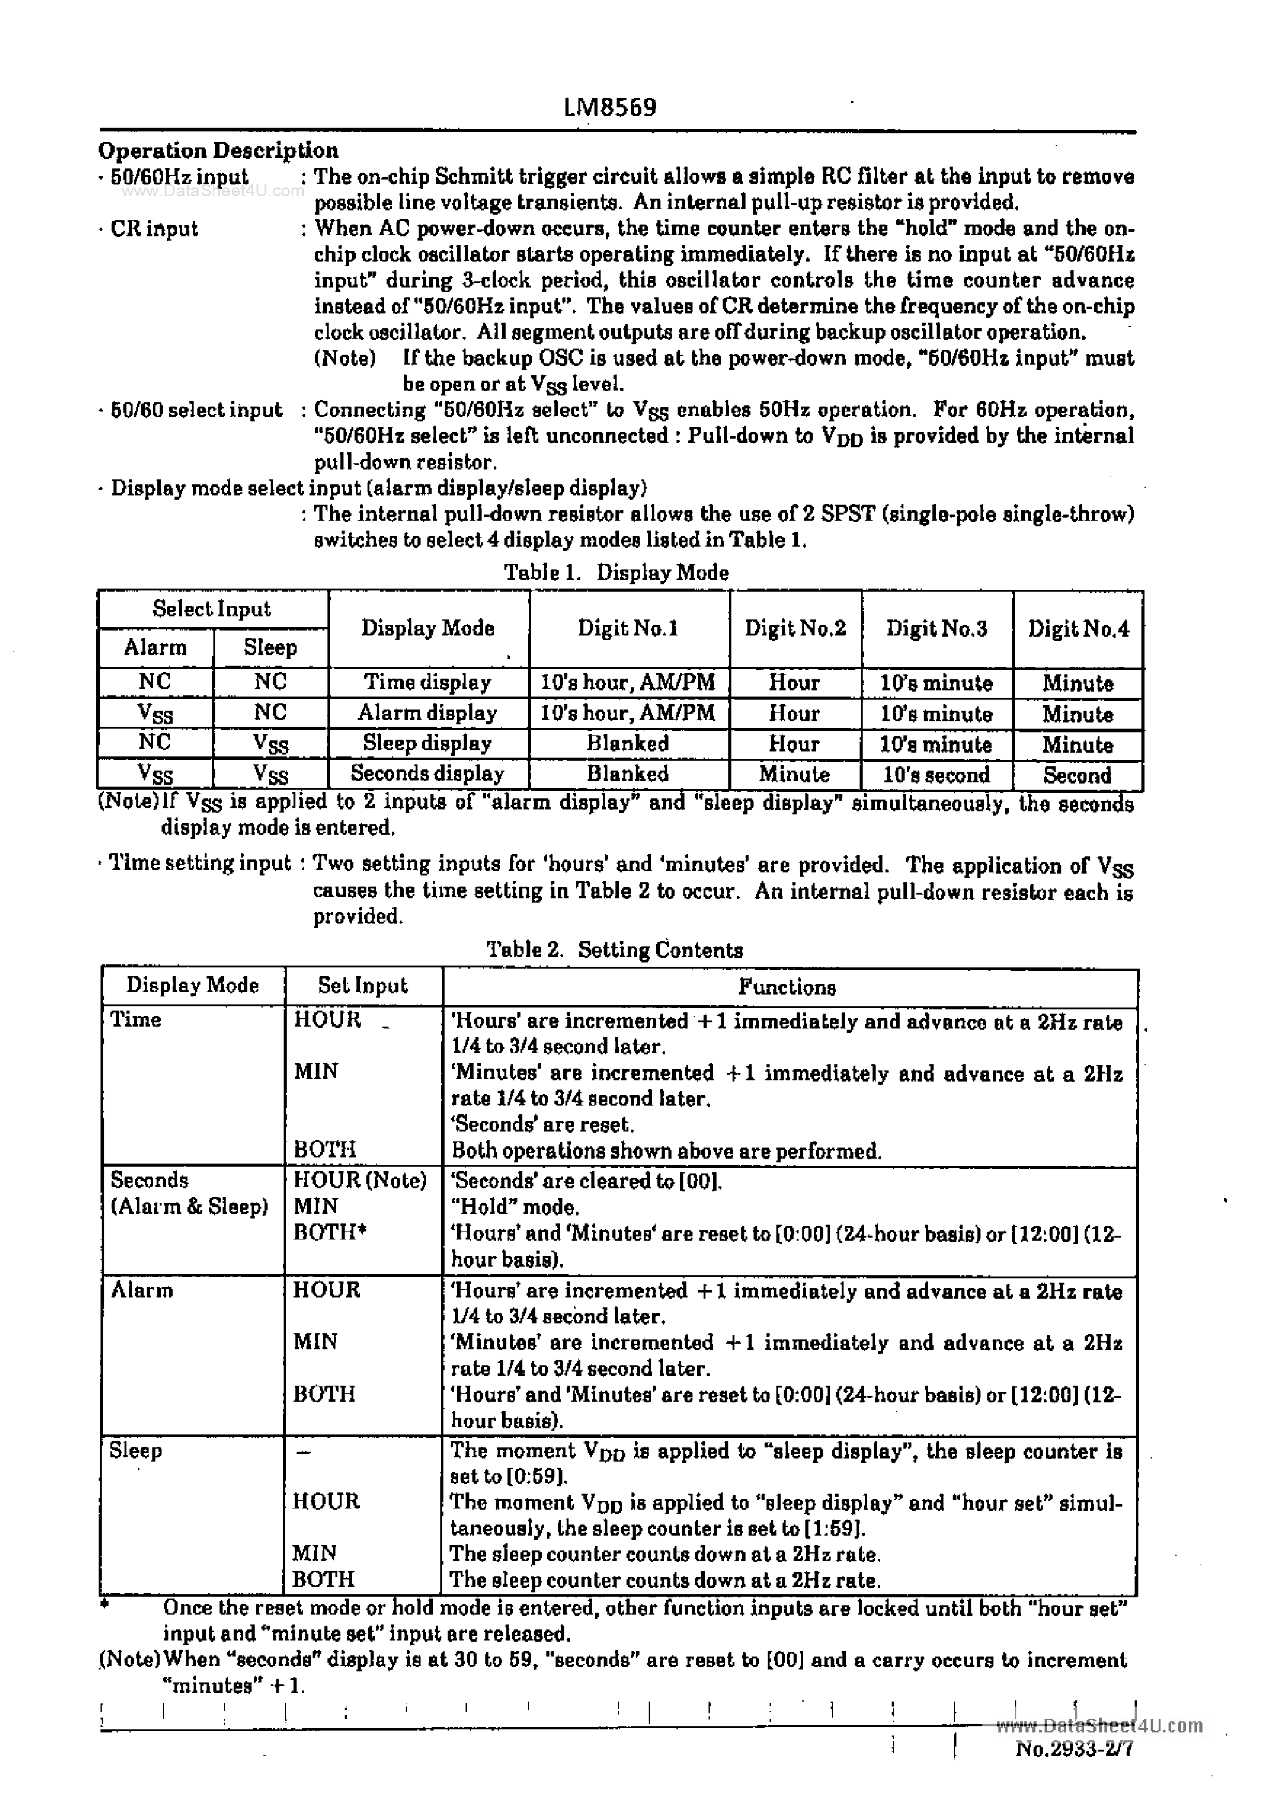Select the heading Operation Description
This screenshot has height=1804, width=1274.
[x=218, y=150]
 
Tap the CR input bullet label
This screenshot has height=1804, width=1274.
[x=154, y=230]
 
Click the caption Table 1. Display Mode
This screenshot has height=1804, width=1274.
[x=616, y=573]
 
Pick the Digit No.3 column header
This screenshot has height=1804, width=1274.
[x=936, y=629]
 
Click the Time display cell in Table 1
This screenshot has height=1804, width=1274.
[x=427, y=682]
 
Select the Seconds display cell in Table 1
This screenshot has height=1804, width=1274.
[x=427, y=774]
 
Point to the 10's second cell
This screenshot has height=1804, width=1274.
[x=936, y=775]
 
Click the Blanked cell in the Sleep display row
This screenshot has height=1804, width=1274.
[x=628, y=743]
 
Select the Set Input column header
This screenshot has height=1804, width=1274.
[x=362, y=986]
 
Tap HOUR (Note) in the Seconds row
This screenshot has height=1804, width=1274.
[x=360, y=1180]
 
